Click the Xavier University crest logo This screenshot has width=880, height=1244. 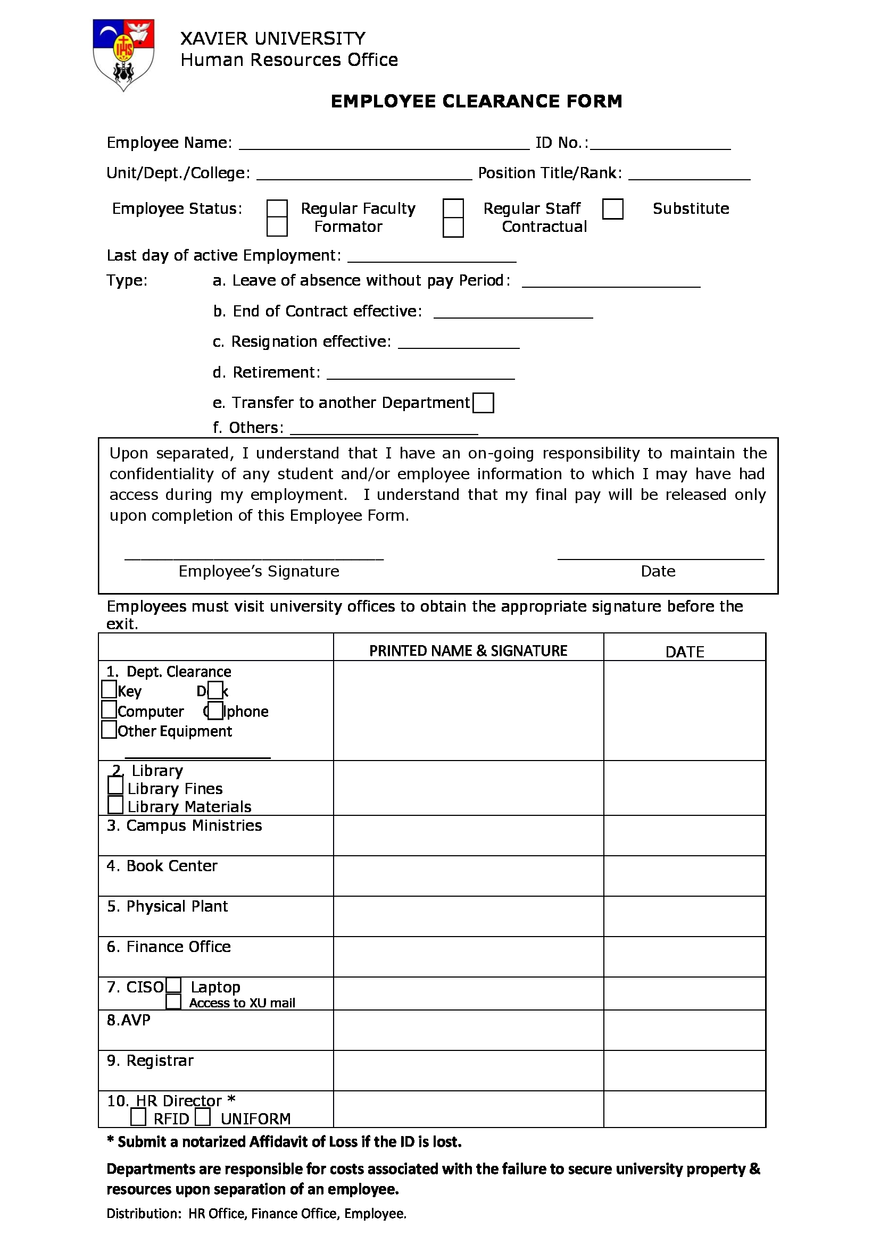(123, 54)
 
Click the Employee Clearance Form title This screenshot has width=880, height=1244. (476, 102)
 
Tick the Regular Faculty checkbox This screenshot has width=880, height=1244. (277, 208)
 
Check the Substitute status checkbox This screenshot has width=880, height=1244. (613, 208)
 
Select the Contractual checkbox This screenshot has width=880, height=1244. (453, 228)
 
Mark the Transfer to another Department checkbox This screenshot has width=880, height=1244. (483, 403)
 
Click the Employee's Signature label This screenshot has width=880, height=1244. (259, 571)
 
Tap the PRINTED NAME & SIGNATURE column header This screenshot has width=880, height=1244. (468, 650)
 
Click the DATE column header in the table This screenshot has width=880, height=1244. (684, 652)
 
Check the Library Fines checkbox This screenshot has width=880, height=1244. (115, 786)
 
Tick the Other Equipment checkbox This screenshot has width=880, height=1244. (109, 729)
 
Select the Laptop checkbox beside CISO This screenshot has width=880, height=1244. (174, 985)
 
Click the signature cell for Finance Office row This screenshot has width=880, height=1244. (468, 956)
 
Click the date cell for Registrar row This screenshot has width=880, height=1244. (684, 1071)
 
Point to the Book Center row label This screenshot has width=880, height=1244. (162, 866)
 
